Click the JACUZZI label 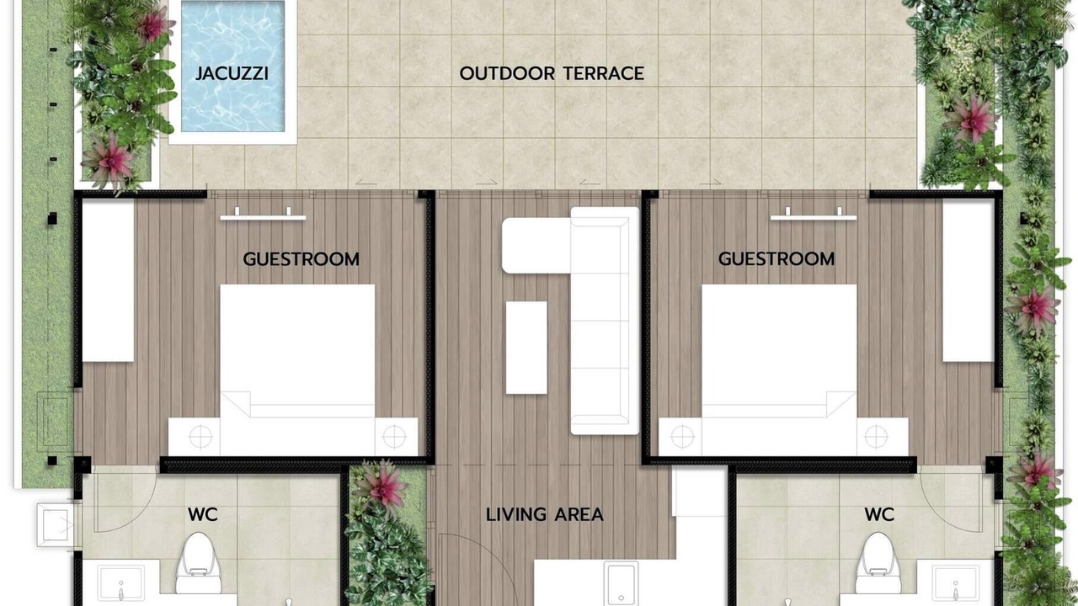coord(232,73)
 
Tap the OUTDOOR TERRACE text coord(552,73)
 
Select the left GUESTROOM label coord(301,259)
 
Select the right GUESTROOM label coord(776,258)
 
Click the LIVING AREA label coord(544,514)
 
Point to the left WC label coord(203,514)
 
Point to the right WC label coord(879,514)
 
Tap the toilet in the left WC coord(198,563)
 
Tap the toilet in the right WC coord(878,563)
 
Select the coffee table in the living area coord(526,348)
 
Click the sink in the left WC coord(120,583)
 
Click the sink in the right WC coord(956,583)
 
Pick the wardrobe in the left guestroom coord(108,280)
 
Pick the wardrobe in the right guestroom coord(969,280)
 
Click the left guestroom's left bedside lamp coord(200,437)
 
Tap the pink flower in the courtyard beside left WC coord(382,485)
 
